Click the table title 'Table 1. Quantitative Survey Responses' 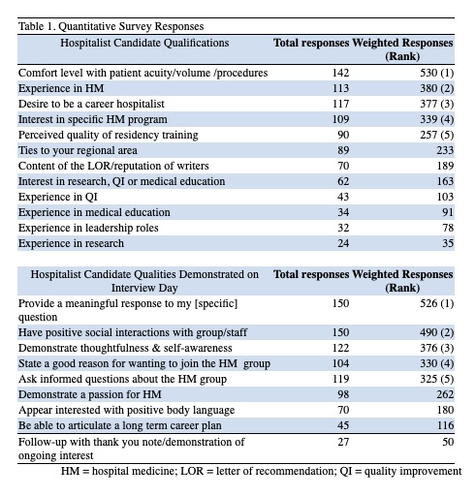(x=111, y=26)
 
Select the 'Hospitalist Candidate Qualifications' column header (x=144, y=43)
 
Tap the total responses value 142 (x=340, y=73)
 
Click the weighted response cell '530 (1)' (x=436, y=73)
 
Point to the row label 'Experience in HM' (x=61, y=88)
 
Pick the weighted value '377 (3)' (x=436, y=104)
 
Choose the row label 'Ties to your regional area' (x=78, y=150)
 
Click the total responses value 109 (x=340, y=119)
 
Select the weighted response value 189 (x=445, y=166)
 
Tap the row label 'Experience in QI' (x=58, y=197)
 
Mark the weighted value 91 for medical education (x=448, y=212)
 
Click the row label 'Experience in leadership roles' (x=88, y=228)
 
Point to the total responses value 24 (x=343, y=243)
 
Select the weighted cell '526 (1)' (x=436, y=303)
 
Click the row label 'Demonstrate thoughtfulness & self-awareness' (x=125, y=348)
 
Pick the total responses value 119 (x=340, y=379)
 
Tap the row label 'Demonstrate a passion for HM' (x=89, y=394)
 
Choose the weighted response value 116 (x=445, y=425)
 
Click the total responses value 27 (x=343, y=442)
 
